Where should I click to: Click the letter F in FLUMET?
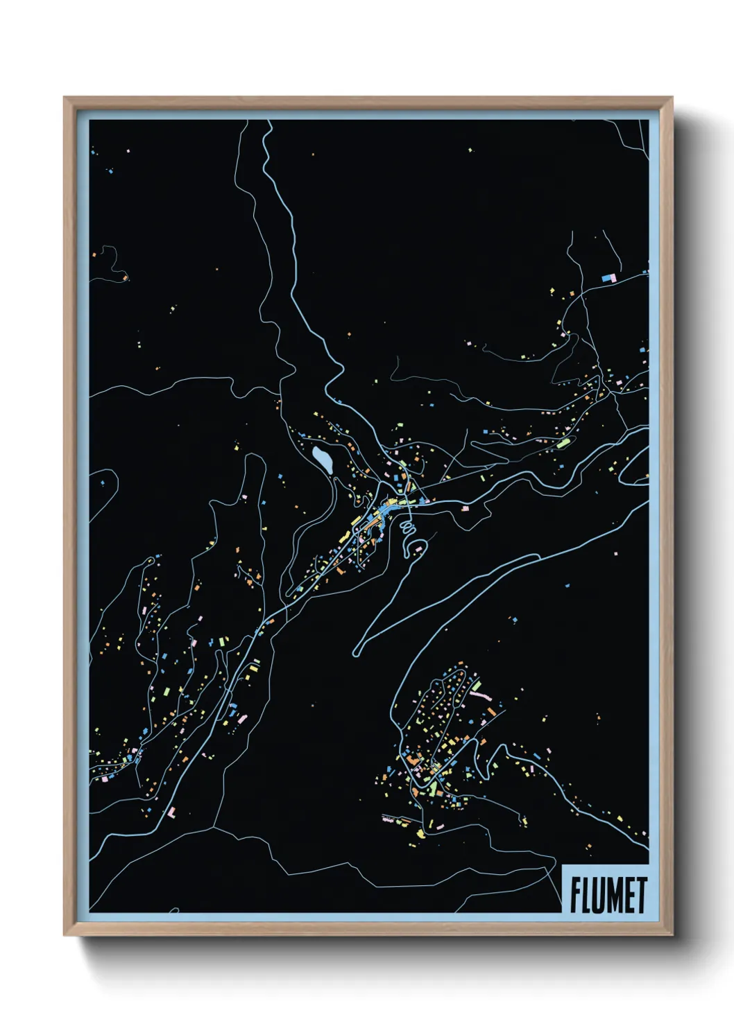tap(576, 895)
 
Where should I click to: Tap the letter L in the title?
tap(588, 895)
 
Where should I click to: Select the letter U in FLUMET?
tap(599, 895)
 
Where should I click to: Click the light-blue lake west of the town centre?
tap(323, 460)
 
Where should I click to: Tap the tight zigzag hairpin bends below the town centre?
tap(407, 530)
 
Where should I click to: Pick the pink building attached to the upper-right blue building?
tap(613, 277)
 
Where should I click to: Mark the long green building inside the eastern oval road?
tap(564, 442)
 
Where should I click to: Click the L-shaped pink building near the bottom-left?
tap(171, 812)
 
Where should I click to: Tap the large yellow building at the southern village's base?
tap(420, 833)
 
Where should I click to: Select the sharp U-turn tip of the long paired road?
tap(356, 652)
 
